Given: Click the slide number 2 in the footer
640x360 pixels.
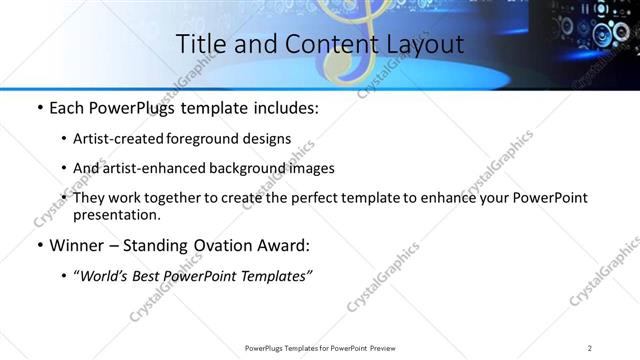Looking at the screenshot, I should click(x=590, y=347).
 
